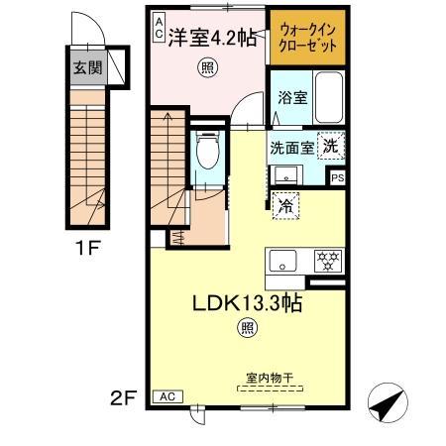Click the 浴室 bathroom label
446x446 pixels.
click(291, 98)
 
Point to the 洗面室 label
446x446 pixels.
click(293, 146)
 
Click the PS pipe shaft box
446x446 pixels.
click(338, 178)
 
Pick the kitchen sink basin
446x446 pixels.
click(281, 262)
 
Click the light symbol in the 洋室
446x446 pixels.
click(206, 67)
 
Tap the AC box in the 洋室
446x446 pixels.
click(159, 26)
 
